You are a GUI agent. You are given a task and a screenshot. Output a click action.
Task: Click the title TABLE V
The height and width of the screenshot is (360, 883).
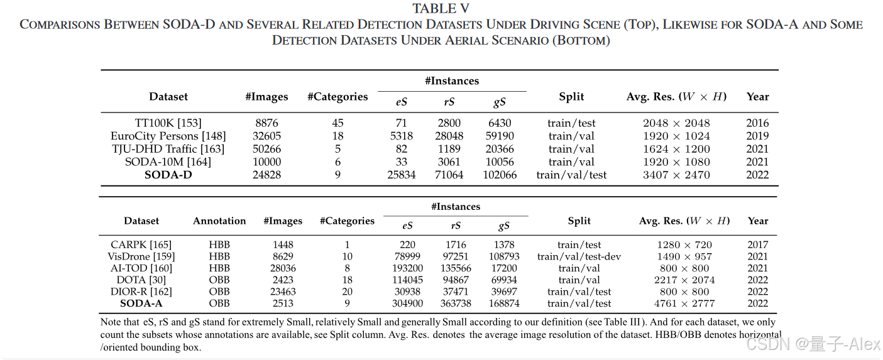[441, 9]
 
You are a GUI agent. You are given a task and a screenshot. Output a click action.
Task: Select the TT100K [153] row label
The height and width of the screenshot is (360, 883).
[168, 123]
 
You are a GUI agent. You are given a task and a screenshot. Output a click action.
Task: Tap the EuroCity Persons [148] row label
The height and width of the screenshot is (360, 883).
[168, 136]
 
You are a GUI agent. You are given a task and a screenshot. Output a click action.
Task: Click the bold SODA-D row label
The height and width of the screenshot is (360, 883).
[168, 175]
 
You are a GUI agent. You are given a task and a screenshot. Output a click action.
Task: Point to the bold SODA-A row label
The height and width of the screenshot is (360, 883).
[141, 303]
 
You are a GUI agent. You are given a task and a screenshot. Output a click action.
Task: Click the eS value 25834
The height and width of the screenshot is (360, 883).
[402, 175]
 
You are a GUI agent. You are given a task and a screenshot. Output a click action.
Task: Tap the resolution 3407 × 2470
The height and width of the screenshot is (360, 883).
[676, 175]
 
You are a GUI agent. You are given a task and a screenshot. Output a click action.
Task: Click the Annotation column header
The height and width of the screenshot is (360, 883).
[219, 221]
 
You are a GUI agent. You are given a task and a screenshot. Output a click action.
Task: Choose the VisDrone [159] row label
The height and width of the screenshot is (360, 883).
[141, 256]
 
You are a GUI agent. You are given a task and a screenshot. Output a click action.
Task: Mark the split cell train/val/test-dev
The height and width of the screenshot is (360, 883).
[579, 256]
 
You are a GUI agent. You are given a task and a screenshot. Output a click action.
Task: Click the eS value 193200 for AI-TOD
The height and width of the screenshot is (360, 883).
[407, 268]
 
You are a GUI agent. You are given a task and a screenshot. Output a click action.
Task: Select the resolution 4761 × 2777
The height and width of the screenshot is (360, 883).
[686, 303]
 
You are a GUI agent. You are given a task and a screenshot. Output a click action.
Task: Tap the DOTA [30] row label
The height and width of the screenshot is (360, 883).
[141, 280]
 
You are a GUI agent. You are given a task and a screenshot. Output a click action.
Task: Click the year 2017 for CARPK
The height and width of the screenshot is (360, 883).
[758, 245]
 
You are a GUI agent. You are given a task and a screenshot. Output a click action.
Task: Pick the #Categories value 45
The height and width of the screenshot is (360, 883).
[337, 123]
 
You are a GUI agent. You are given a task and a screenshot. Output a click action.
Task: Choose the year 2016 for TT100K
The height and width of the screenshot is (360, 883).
[757, 123]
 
